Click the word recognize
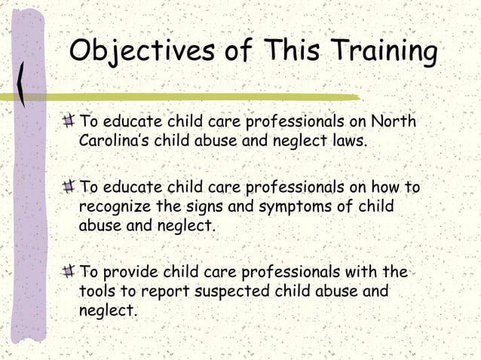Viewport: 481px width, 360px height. click(x=117, y=206)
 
